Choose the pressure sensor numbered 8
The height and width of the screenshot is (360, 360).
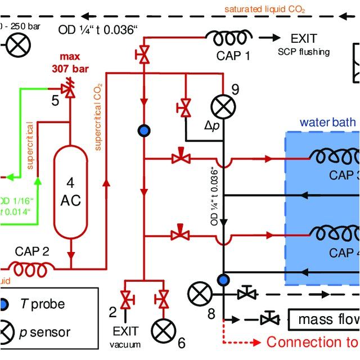(199, 293)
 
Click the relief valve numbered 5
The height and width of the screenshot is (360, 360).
(70, 90)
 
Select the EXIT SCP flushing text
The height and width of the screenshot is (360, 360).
(304, 44)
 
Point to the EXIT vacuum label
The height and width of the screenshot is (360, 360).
(125, 336)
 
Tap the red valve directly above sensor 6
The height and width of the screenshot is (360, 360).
(164, 298)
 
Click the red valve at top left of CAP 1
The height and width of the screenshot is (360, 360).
(145, 55)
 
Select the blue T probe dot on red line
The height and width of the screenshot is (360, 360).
(145, 130)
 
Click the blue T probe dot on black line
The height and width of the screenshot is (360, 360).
(223, 279)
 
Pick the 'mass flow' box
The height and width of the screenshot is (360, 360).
(324, 319)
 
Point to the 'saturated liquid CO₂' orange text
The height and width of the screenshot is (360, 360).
(265, 10)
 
